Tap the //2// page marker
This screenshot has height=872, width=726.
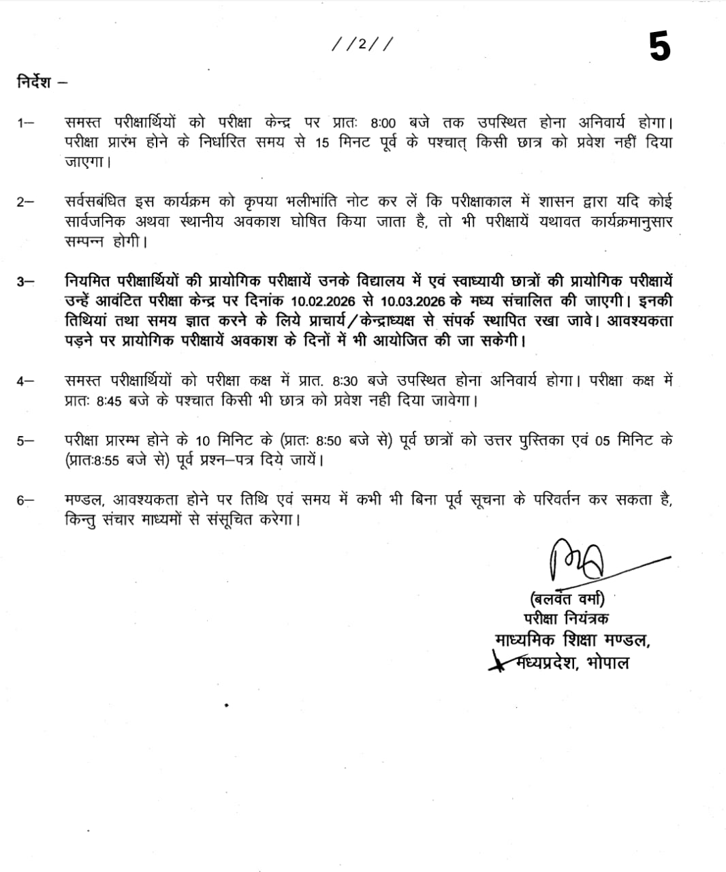click(x=362, y=44)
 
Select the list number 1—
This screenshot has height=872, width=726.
click(x=25, y=123)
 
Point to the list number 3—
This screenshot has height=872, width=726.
click(x=25, y=281)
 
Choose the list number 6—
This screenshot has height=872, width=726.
click(x=25, y=500)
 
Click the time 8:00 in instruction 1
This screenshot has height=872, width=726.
click(x=383, y=124)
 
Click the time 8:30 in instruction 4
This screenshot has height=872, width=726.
click(x=347, y=381)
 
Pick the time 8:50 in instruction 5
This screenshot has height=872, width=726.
click(x=328, y=441)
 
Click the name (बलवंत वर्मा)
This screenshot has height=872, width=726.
click(x=566, y=599)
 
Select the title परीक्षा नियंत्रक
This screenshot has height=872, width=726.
click(x=566, y=619)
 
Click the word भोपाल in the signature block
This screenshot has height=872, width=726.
click(x=607, y=661)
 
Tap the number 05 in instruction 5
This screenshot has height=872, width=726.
click(x=602, y=441)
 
